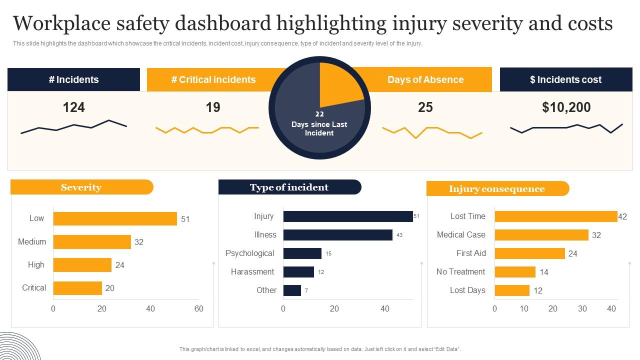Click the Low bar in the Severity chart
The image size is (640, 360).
pyautogui.click(x=115, y=218)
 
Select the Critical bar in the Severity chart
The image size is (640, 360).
pyautogui.click(x=77, y=288)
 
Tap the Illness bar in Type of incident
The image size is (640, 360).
pyautogui.click(x=337, y=235)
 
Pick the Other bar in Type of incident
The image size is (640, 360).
pyautogui.click(x=292, y=290)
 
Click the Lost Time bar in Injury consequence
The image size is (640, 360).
pyautogui.click(x=556, y=216)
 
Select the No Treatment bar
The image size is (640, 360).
pyautogui.click(x=515, y=272)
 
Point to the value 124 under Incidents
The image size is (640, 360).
pyautogui.click(x=73, y=107)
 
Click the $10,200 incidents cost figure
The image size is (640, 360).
pyautogui.click(x=566, y=107)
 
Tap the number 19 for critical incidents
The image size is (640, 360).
pyautogui.click(x=213, y=107)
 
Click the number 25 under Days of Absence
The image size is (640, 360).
pyautogui.click(x=425, y=107)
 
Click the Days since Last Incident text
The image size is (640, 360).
pyautogui.click(x=319, y=128)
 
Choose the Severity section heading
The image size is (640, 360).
pyautogui.click(x=81, y=187)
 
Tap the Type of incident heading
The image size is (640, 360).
pyautogui.click(x=289, y=187)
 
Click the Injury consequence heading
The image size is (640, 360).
pyautogui.click(x=496, y=189)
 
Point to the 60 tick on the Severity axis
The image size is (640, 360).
pyautogui.click(x=199, y=308)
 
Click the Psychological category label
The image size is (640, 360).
pyautogui.click(x=249, y=253)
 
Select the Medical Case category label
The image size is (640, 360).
pyautogui.click(x=461, y=235)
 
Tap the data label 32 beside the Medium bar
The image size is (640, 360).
pyautogui.click(x=139, y=242)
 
